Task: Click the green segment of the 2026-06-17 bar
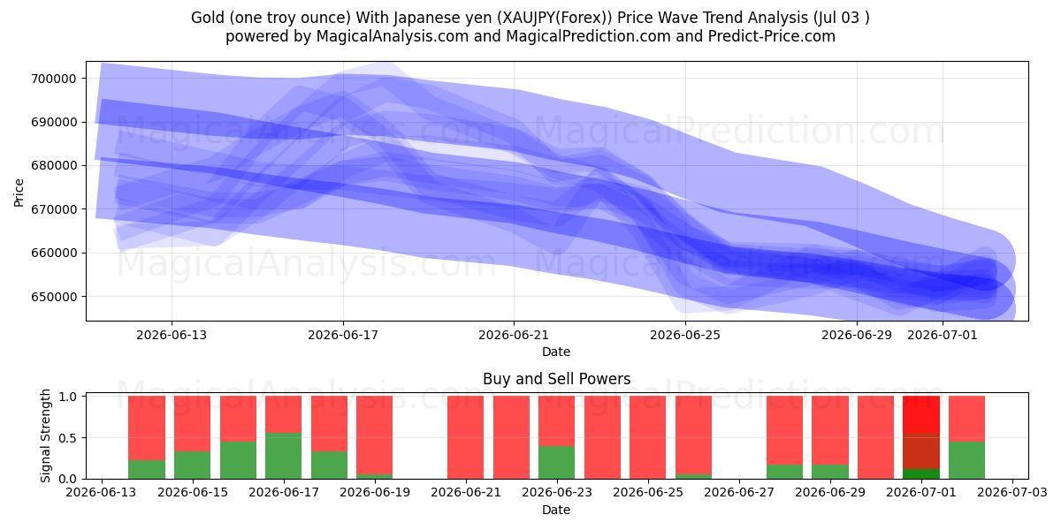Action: [x=283, y=456]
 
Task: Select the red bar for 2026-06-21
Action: [x=466, y=437]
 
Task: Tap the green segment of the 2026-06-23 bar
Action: [x=556, y=462]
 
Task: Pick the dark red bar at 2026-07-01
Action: [x=921, y=450]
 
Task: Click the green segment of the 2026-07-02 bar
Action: [x=966, y=460]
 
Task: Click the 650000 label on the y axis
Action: [x=54, y=297]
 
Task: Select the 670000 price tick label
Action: [x=54, y=209]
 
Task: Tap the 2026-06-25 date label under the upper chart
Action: [x=685, y=335]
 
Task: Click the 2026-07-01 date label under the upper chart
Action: [x=943, y=335]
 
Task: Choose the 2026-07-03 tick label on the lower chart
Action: [x=1012, y=492]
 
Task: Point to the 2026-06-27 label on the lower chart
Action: [x=739, y=492]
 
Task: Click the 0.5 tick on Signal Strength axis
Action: [x=68, y=438]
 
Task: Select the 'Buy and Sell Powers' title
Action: [x=556, y=379]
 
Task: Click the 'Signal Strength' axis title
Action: [x=45, y=435]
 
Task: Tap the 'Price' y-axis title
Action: [x=19, y=193]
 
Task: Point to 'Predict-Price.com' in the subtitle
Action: [x=772, y=36]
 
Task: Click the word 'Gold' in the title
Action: [x=207, y=18]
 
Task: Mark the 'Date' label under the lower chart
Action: [x=556, y=510]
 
